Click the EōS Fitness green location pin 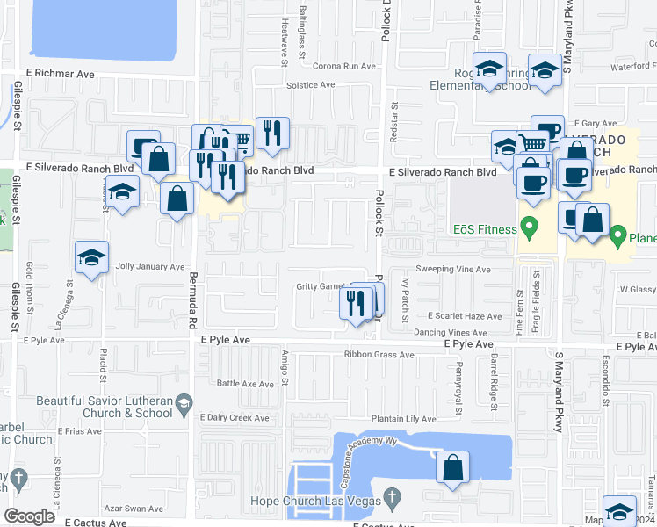tap(529, 229)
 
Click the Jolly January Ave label tap(150, 266)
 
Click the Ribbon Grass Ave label tap(379, 355)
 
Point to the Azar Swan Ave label tap(133, 509)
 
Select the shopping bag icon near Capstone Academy tap(453, 467)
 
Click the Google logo tap(30, 516)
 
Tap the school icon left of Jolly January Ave tap(91, 258)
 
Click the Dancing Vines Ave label tap(450, 334)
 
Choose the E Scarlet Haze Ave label tap(465, 316)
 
